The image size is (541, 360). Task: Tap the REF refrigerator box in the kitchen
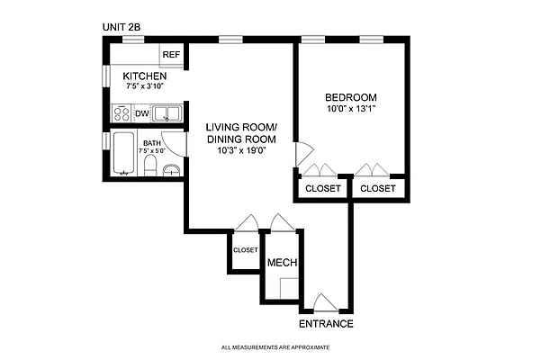(171, 56)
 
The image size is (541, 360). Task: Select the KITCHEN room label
(145, 76)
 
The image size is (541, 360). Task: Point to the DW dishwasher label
(141, 114)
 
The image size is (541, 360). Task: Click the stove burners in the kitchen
(120, 114)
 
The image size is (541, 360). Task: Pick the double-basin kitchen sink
(167, 113)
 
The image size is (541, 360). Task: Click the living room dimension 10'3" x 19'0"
(242, 150)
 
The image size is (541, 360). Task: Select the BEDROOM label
(350, 97)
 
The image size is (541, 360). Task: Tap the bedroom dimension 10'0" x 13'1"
(350, 110)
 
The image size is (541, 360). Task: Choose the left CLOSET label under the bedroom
(323, 189)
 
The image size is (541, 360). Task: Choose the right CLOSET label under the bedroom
(378, 189)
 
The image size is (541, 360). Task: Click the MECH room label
(282, 264)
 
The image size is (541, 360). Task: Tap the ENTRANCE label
(326, 324)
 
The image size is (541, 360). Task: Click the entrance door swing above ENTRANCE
(325, 301)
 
